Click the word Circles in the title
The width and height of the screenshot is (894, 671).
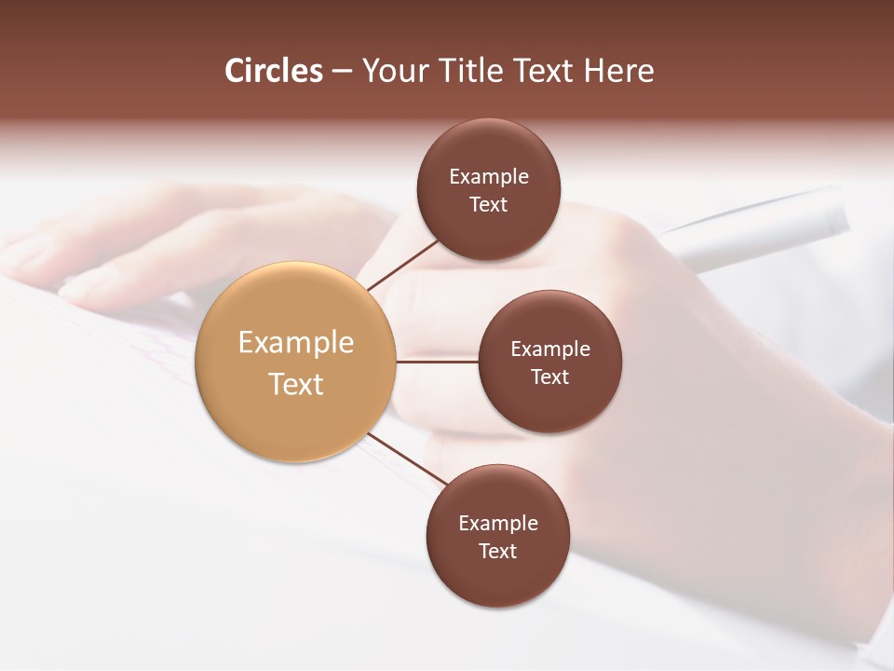(x=274, y=71)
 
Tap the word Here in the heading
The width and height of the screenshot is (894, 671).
(x=619, y=71)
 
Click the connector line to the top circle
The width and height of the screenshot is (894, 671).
(x=402, y=265)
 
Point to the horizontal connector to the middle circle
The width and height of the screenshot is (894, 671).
(x=437, y=362)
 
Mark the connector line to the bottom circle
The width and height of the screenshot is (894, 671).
(x=407, y=459)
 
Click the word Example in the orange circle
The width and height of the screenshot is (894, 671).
(x=296, y=343)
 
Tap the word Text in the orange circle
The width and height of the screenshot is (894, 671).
(x=296, y=384)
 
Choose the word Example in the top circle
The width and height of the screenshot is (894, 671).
(x=489, y=176)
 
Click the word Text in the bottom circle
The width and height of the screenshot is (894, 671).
(x=498, y=551)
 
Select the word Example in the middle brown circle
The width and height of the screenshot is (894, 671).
(x=550, y=349)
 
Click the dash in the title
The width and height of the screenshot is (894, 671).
(x=342, y=71)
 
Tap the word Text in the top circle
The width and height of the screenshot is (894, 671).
(x=489, y=204)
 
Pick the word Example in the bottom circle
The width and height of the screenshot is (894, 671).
(x=498, y=523)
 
